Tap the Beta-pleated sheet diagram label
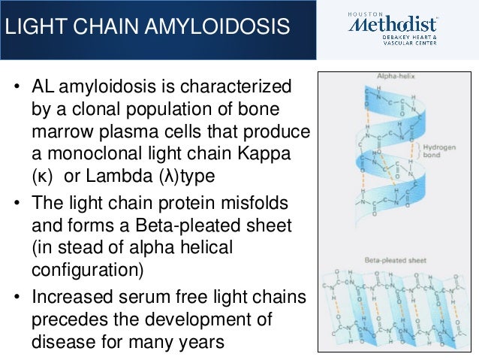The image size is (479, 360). [401, 260]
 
